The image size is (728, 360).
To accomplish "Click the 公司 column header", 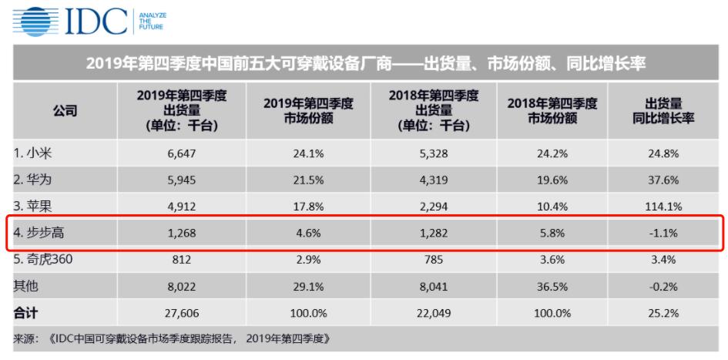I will [65, 111].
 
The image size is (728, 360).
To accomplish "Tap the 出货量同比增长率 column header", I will [663, 111].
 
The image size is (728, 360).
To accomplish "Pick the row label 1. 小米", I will [34, 153].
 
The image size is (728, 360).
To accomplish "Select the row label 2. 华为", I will [34, 180].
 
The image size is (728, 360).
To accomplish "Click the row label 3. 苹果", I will [34, 206].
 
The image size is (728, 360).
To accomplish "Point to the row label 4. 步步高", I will [39, 233].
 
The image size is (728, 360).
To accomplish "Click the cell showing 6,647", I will [181, 153].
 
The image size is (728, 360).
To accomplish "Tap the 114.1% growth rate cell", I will [663, 206].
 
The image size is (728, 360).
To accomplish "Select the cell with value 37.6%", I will [663, 180].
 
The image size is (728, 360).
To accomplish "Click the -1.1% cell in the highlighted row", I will [663, 233].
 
